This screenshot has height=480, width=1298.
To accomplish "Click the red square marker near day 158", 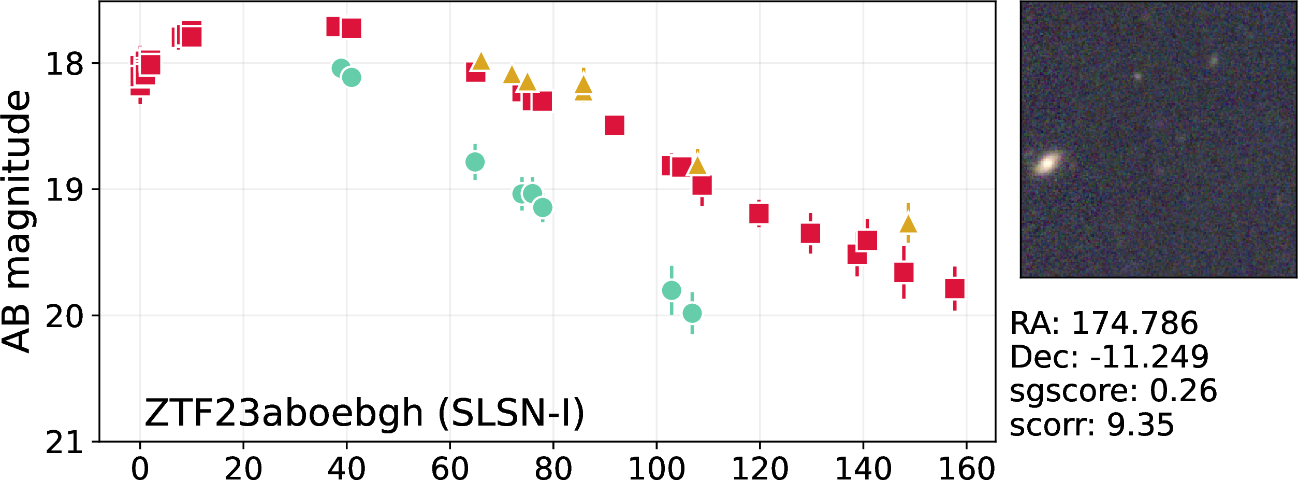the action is pos(955,289).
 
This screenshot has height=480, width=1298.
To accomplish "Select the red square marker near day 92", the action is pos(615,125).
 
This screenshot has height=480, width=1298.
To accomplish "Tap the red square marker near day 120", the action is pos(759,214).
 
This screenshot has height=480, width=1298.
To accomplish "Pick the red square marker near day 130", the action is pos(811,233).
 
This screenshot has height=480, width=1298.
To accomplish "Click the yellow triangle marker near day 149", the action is pos(909,224).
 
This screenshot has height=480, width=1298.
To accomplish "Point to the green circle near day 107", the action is pos(692,313).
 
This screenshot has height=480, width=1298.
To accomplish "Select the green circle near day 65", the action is pos(475,162).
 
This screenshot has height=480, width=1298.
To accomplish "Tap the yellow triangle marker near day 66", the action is pos(481,61).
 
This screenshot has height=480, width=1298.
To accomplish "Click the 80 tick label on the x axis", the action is pos(553,468).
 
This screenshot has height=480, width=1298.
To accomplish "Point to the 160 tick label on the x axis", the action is pos(967,468).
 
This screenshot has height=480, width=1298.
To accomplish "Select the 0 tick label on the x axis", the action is pos(140,468).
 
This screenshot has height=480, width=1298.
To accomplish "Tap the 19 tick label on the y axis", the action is pos(65,190).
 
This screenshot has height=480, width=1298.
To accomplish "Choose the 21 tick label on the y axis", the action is pos(65,442).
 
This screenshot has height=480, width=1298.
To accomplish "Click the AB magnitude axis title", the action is pos(17,221).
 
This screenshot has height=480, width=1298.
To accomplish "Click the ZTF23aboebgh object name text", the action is pos(284,413).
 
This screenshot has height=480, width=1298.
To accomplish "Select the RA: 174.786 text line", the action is pos(1104,323).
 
